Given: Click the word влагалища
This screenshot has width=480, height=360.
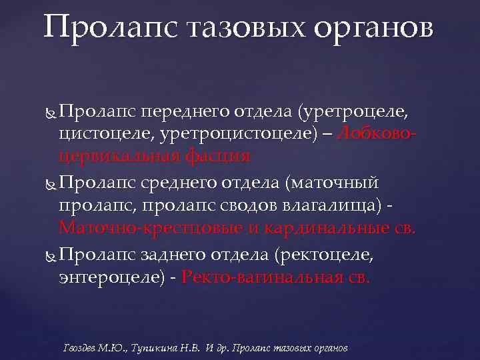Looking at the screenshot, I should tap(327, 207).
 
